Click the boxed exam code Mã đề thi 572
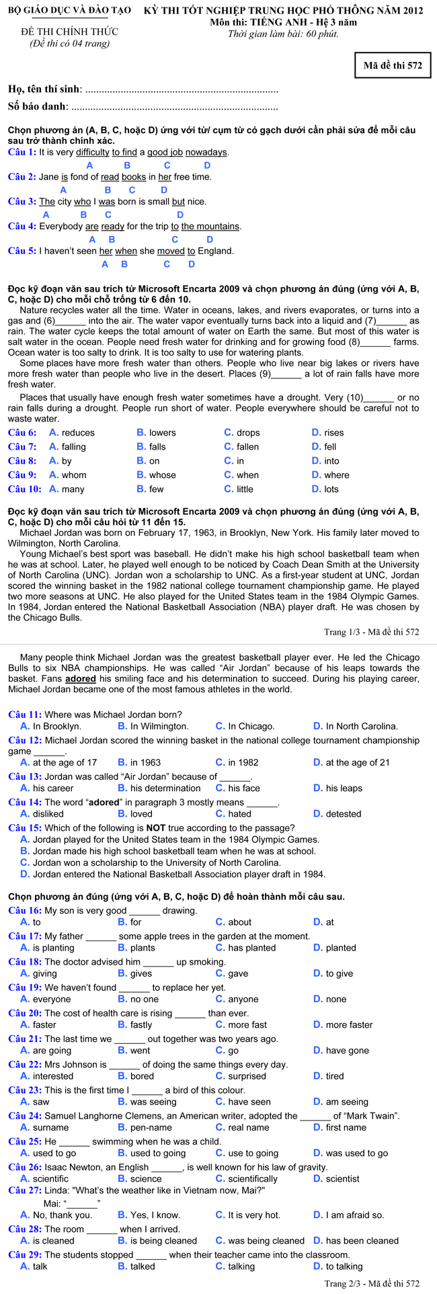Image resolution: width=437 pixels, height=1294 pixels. [393, 65]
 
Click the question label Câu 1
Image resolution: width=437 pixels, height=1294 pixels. [22, 153]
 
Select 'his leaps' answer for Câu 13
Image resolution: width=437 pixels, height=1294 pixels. [344, 788]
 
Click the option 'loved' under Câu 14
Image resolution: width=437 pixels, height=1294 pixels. [141, 814]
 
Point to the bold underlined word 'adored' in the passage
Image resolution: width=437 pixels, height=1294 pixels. [81, 679]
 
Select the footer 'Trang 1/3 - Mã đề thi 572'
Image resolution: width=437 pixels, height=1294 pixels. [371, 632]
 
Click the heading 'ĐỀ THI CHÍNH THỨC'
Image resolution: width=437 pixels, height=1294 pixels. [69, 32]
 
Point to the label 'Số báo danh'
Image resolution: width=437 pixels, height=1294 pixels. [38, 106]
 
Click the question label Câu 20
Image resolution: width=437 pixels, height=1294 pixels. [26, 1013]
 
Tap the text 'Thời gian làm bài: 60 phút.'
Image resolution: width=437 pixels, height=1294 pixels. [283, 34]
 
